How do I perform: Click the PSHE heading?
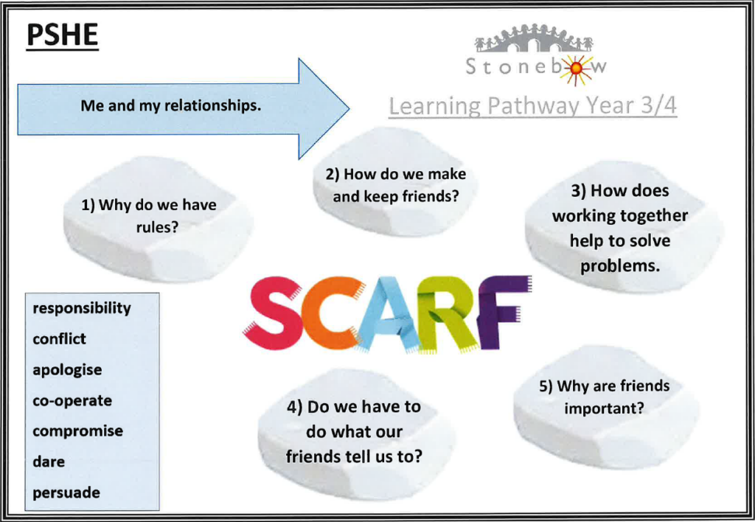pos(62,35)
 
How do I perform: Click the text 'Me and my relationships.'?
pos(170,105)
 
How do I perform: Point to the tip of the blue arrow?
pos(349,109)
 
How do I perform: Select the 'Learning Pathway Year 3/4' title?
pos(532,106)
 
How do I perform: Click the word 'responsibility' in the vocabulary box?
pos(82,308)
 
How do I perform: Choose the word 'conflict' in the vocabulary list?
pos(59,338)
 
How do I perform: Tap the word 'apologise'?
pos(67,370)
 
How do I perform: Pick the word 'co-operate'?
pos(72,400)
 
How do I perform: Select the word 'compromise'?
pos(77,431)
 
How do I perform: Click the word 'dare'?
pos(48,462)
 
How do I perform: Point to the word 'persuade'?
pos(66,493)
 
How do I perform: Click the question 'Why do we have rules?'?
pos(149,216)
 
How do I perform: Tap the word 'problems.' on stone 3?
pos(619,265)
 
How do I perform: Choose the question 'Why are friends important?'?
pos(604,397)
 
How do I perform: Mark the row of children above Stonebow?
pos(534,38)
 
